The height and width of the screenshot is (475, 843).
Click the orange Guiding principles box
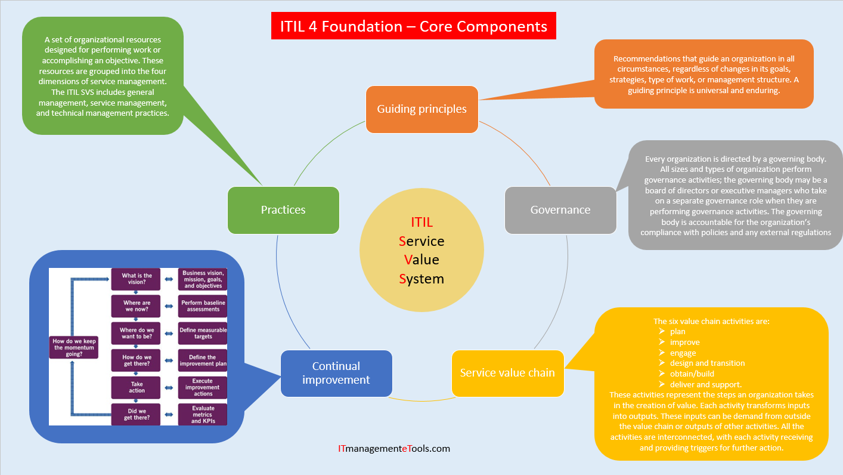point(421,109)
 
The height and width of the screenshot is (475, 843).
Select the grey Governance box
point(560,210)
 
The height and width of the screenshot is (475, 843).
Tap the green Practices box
point(283,210)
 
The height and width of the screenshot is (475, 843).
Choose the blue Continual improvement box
point(336,373)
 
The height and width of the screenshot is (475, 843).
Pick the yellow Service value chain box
point(507,373)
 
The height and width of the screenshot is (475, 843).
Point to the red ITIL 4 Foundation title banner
point(413,27)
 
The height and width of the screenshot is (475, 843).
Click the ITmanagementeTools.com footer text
point(393,448)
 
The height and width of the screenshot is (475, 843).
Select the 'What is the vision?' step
point(137,279)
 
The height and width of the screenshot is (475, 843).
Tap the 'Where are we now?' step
point(137,306)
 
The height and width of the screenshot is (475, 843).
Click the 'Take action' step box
point(137,387)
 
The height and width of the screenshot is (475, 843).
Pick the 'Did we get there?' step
point(137,414)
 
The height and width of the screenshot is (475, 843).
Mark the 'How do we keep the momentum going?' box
point(74,347)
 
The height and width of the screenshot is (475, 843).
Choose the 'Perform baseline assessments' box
point(203,306)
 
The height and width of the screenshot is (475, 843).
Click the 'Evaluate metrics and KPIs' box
point(203,414)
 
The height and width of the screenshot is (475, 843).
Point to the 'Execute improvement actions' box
point(203,387)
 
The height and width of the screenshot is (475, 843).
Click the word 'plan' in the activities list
point(677,331)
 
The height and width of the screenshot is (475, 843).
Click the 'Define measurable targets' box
point(203,333)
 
